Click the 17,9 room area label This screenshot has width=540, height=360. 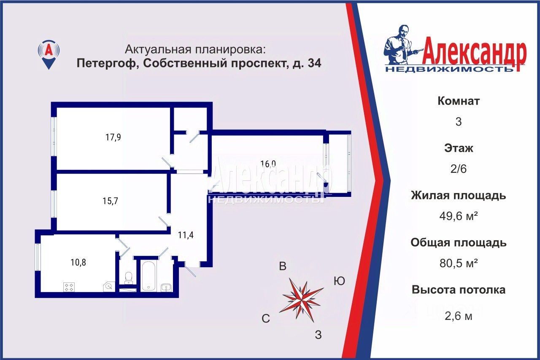tap(113, 137)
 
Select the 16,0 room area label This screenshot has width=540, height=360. tap(268, 164)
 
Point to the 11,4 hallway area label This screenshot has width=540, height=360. tap(186, 235)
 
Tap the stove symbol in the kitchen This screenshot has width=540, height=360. tap(69, 287)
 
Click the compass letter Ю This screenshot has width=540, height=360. tap(339, 281)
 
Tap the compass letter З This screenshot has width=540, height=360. tap(319, 335)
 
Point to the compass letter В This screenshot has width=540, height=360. tap(283, 266)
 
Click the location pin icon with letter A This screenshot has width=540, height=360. tap(49, 54)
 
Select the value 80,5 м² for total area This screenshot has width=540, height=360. tap(458, 263)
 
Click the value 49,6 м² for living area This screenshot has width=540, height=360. tap(458, 216)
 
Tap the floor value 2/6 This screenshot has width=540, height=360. tap(458, 169)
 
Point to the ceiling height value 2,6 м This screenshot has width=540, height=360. tap(458, 316)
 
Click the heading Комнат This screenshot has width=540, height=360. tap(459, 101)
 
